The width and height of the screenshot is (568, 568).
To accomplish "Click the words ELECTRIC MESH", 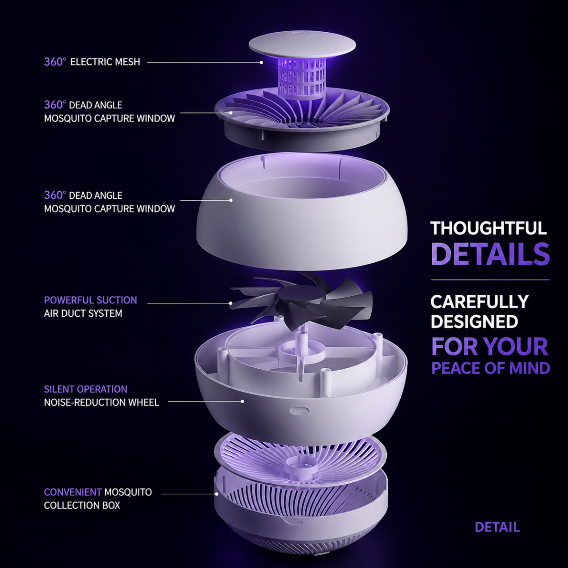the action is coord(105,62).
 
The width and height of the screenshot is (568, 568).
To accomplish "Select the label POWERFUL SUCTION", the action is coord(90,300).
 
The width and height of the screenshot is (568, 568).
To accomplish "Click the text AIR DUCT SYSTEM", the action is coord(83,313).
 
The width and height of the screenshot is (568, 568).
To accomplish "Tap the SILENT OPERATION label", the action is coord(86,389).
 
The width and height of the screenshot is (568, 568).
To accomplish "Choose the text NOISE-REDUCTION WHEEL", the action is coord(102,402).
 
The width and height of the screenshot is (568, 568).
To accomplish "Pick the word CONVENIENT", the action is coord(73,492).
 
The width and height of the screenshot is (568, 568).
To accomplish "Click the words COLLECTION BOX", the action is coord(82,505).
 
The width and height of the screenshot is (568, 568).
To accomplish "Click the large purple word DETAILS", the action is coord(490,254).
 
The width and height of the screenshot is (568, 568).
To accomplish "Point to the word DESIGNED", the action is coord(474,321).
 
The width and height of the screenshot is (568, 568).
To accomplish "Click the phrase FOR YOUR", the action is coord(490,346).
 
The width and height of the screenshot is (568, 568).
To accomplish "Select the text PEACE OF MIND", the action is coord(491,368).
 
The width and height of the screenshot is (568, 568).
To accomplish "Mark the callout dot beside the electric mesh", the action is coord(261,62).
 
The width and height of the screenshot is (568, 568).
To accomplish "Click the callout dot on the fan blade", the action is coord(231,303).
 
